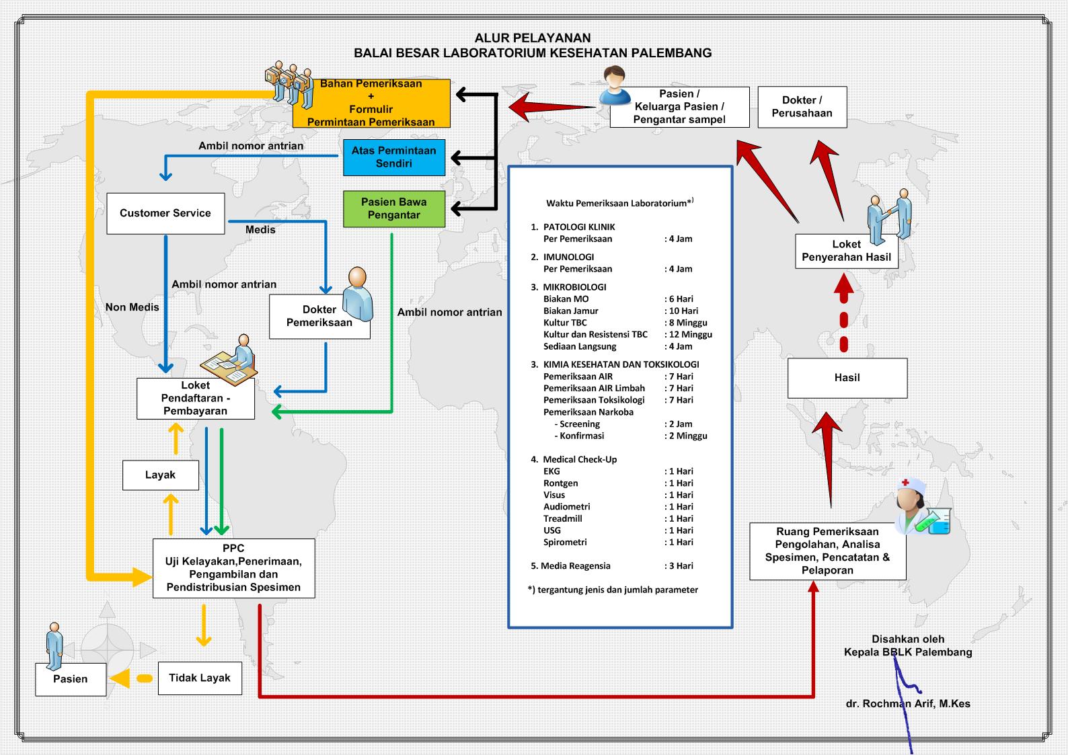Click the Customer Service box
pyautogui.click(x=165, y=214)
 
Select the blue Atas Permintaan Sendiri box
pyautogui.click(x=393, y=157)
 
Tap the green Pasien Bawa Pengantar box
pyautogui.click(x=393, y=208)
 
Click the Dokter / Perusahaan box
pyautogui.click(x=802, y=107)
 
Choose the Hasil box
pyautogui.click(x=847, y=378)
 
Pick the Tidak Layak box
pyautogui.click(x=199, y=678)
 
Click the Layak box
pyautogui.click(x=160, y=475)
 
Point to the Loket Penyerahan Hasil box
pyautogui.click(x=846, y=251)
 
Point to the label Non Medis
pyautogui.click(x=132, y=307)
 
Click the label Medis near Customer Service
pyautogui.click(x=260, y=230)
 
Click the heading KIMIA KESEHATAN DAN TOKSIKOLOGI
pyautogui.click(x=621, y=364)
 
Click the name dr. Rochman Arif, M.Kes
pyautogui.click(x=908, y=704)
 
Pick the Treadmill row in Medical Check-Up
pyautogui.click(x=563, y=518)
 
